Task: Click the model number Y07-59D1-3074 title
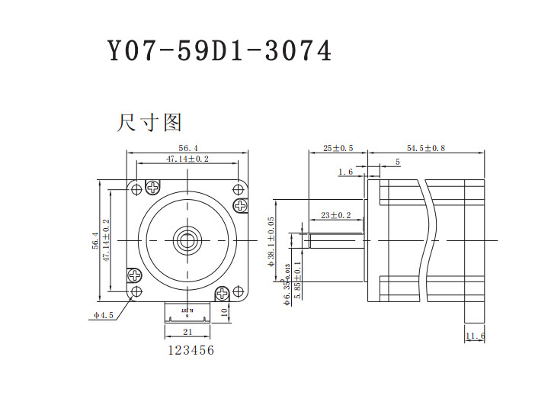click(x=219, y=51)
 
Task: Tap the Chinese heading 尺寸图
click(x=149, y=122)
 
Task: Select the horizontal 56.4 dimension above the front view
click(x=188, y=147)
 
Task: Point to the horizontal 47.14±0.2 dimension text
click(x=187, y=159)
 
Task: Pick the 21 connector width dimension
click(x=187, y=332)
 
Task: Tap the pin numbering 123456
click(x=191, y=350)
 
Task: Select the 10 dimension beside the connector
click(x=224, y=312)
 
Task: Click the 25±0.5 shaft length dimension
click(x=338, y=148)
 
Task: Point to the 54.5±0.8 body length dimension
click(x=426, y=148)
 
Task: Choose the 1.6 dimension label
click(x=344, y=172)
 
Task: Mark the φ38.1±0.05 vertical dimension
click(x=272, y=240)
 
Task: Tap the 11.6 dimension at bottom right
click(x=475, y=336)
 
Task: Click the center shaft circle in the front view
click(x=187, y=240)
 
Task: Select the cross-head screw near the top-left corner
click(x=153, y=186)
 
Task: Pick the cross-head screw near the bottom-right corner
click(x=223, y=294)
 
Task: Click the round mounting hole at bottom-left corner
click(x=136, y=292)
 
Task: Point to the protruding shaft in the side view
click(x=335, y=240)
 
